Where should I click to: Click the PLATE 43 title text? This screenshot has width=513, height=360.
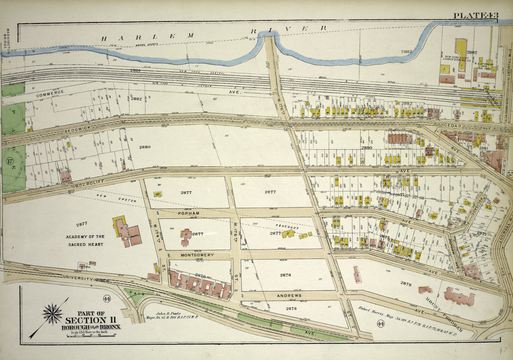coord(475,16)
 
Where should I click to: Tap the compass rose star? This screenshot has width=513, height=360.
coord(52,314)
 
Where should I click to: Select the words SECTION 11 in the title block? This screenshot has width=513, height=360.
coord(85,320)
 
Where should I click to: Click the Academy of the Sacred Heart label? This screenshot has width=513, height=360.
coord(84,240)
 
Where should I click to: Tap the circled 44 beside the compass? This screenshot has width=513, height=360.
coord(106,299)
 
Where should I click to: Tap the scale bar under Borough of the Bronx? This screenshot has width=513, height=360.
coord(84,333)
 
